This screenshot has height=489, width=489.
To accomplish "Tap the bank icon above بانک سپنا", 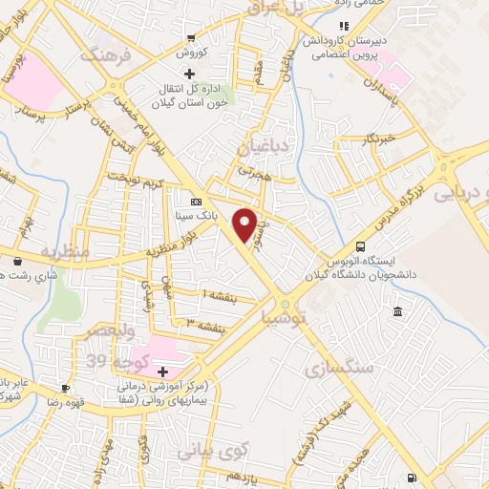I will click(197, 202).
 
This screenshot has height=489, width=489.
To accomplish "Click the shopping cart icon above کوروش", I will click(191, 38).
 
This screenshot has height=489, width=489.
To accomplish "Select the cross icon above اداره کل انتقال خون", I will click(189, 74).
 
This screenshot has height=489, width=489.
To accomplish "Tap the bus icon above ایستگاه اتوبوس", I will click(359, 244).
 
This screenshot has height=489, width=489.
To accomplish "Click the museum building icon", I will click(397, 313).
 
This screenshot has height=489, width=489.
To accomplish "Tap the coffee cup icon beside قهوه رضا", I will click(65, 389).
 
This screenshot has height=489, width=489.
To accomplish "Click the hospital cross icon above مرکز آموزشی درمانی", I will click(163, 372).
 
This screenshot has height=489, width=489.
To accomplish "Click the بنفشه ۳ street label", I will click(208, 325).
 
